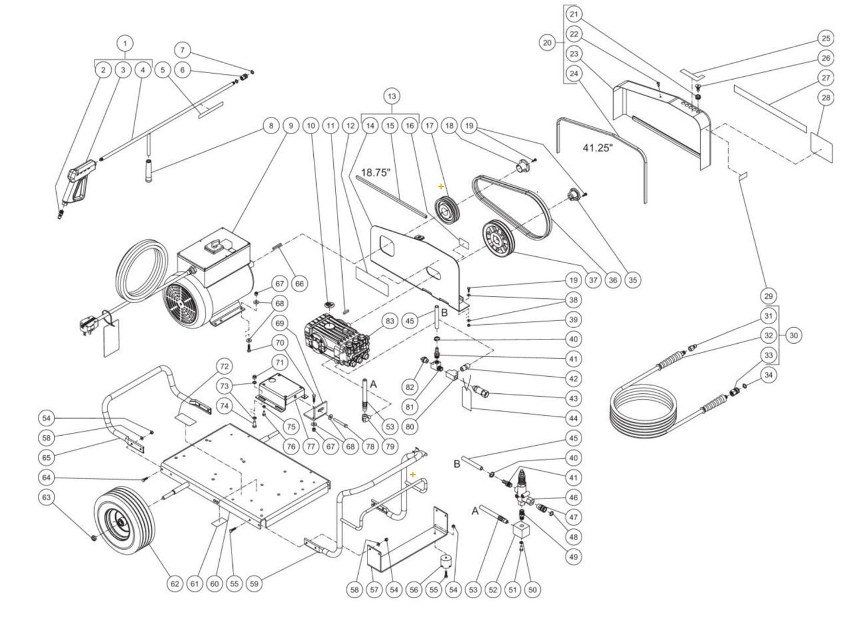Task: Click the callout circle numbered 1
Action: (125, 43)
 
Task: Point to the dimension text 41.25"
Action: (596, 148)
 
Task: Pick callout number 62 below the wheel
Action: (174, 584)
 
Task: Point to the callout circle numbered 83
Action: (389, 321)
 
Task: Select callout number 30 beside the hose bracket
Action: (793, 335)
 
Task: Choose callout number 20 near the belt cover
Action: (548, 43)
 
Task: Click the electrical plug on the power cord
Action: (83, 324)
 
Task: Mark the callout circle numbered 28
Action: (826, 97)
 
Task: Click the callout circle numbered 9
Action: (290, 125)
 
